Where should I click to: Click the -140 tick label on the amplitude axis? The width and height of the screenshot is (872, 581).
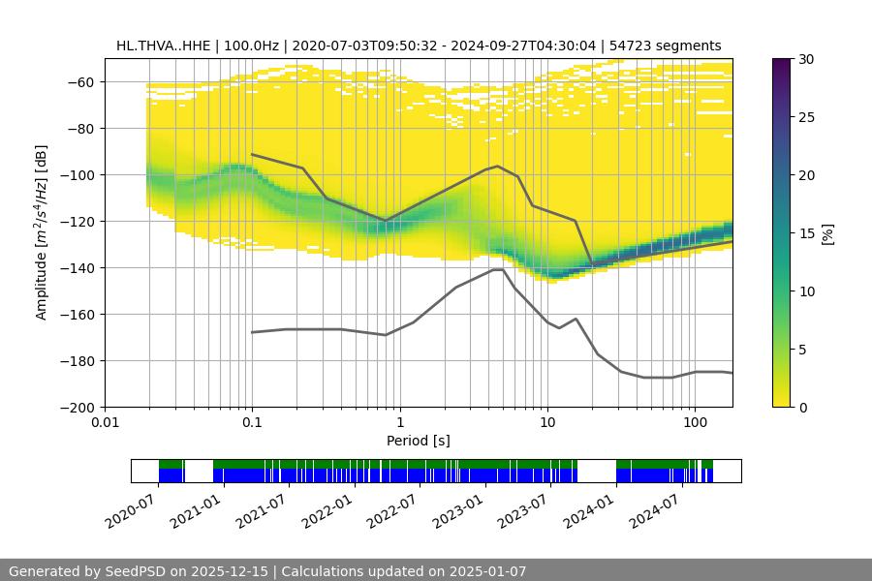tap(78, 267)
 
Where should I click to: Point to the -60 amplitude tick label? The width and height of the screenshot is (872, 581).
tap(81, 81)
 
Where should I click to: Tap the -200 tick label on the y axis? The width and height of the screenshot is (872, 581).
tap(78, 407)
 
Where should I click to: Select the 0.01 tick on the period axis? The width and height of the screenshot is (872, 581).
tap(105, 422)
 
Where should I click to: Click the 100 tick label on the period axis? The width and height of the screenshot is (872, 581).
tap(694, 422)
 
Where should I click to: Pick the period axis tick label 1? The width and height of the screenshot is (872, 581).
tap(399, 422)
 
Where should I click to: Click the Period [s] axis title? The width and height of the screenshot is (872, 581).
tap(419, 441)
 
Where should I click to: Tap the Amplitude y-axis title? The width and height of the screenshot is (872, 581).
tap(42, 232)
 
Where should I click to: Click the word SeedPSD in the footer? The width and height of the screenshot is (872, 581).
tap(139, 571)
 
